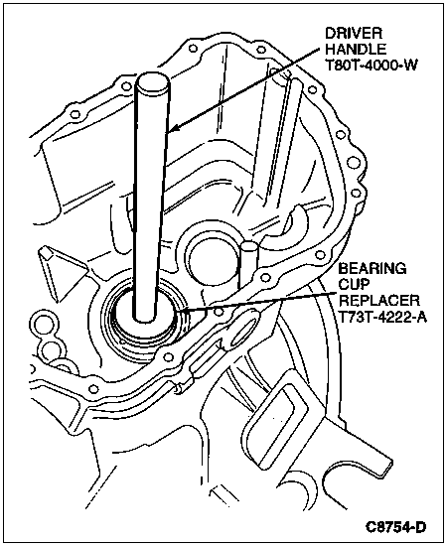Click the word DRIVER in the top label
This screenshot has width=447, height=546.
click(x=354, y=34)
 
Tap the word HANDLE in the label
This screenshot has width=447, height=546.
click(x=356, y=49)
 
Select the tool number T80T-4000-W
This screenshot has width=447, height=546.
click(x=372, y=66)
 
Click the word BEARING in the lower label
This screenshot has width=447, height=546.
click(x=372, y=269)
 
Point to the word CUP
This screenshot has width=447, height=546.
click(x=354, y=285)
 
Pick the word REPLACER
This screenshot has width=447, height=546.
click(x=379, y=301)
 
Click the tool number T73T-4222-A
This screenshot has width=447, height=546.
click(x=382, y=317)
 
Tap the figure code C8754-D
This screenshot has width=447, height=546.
click(x=395, y=527)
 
